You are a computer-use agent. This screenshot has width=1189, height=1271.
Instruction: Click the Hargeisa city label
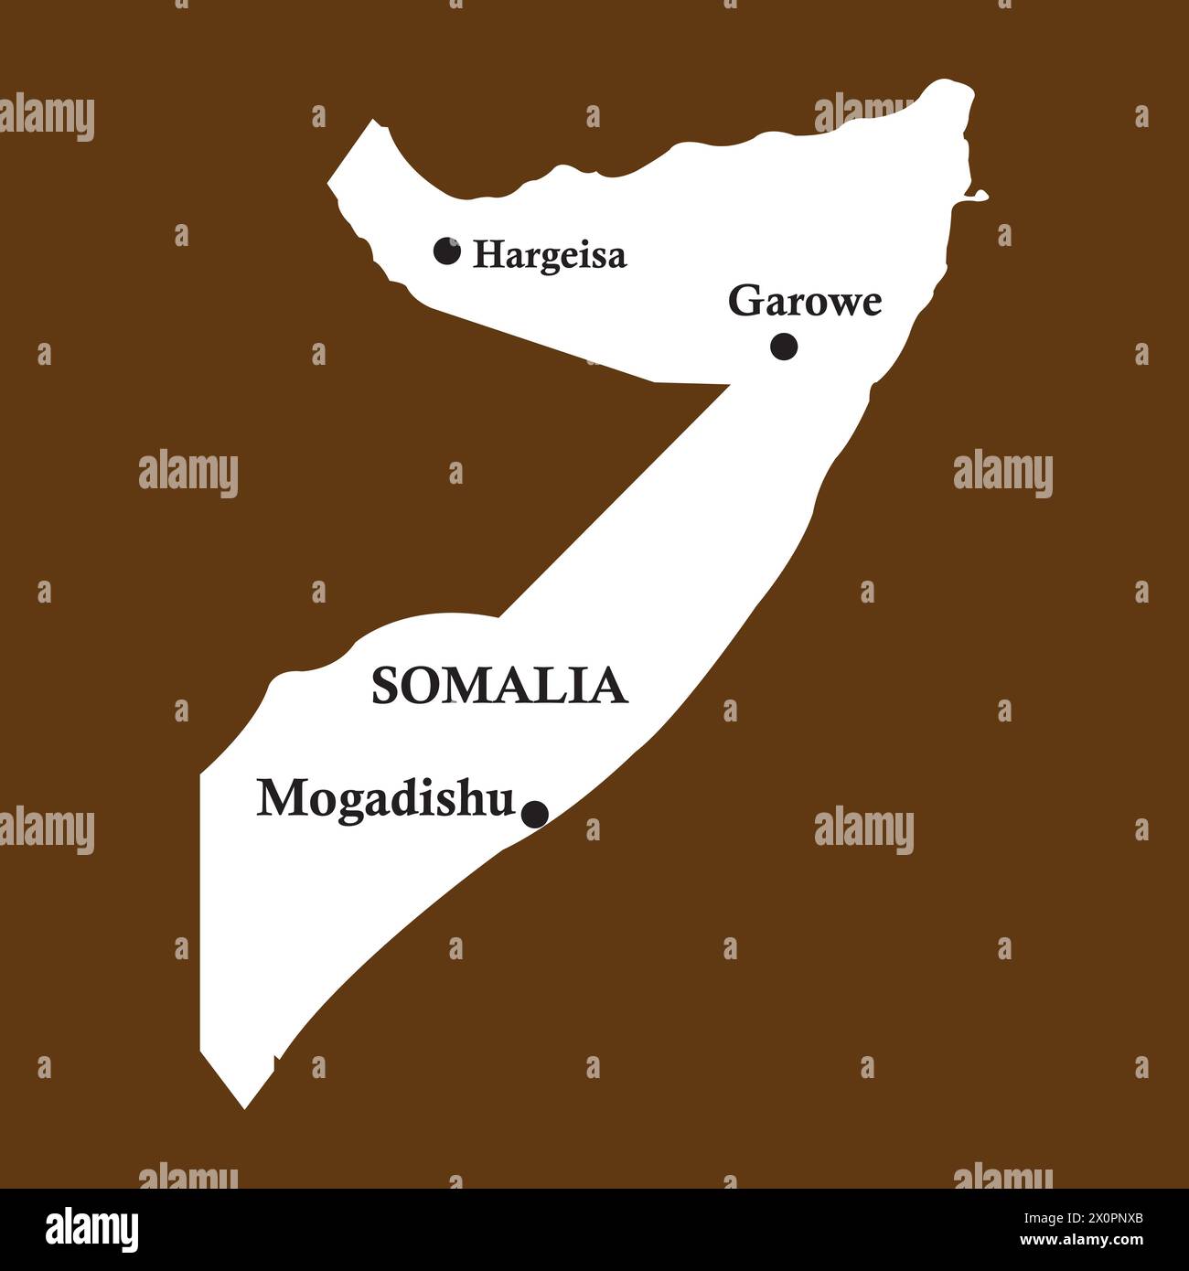pos(550,255)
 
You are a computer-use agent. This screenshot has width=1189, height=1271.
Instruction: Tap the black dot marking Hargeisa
pos(446,251)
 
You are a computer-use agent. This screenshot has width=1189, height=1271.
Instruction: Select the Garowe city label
pos(805,302)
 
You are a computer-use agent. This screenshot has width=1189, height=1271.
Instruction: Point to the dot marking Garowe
pos(784,347)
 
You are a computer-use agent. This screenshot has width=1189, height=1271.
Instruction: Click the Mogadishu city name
pos(385,799)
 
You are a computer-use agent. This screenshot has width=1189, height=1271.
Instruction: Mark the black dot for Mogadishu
pos(535,813)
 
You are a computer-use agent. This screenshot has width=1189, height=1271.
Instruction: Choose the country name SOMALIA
pos(499,686)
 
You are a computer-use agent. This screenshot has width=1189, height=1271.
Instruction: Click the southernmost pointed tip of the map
pos(244,1106)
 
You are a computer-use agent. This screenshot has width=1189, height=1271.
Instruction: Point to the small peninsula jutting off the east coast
pos(979,194)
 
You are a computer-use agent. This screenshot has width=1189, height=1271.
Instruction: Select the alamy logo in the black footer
pos(91,1230)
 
